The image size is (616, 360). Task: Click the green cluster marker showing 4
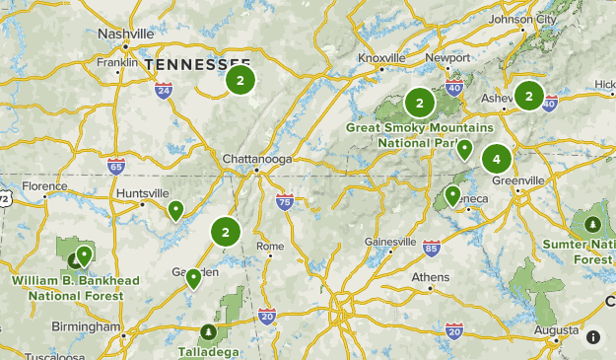pos(497,158)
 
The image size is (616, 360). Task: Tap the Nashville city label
pos(126,34)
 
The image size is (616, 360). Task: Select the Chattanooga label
pos(257,158)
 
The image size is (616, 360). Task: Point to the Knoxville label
pos(381,58)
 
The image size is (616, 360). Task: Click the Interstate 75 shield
pos(285,201)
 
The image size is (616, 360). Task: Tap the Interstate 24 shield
pos(164,91)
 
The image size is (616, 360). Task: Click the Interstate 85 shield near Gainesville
pos(431,247)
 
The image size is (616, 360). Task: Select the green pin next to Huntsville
pos(175,208)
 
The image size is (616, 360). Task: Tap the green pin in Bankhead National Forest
pos(84,254)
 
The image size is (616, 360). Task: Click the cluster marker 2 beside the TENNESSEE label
pos(240,79)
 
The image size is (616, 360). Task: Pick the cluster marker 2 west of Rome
pos(226,233)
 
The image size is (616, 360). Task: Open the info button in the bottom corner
pos(593,337)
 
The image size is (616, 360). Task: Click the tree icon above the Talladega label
pos(207,332)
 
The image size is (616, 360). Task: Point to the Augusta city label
pos(559,328)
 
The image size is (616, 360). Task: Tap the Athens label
pos(430,276)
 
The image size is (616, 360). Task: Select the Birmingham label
pos(87,326)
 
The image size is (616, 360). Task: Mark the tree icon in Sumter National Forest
pos(592,225)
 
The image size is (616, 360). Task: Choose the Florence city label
pos(45,185)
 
